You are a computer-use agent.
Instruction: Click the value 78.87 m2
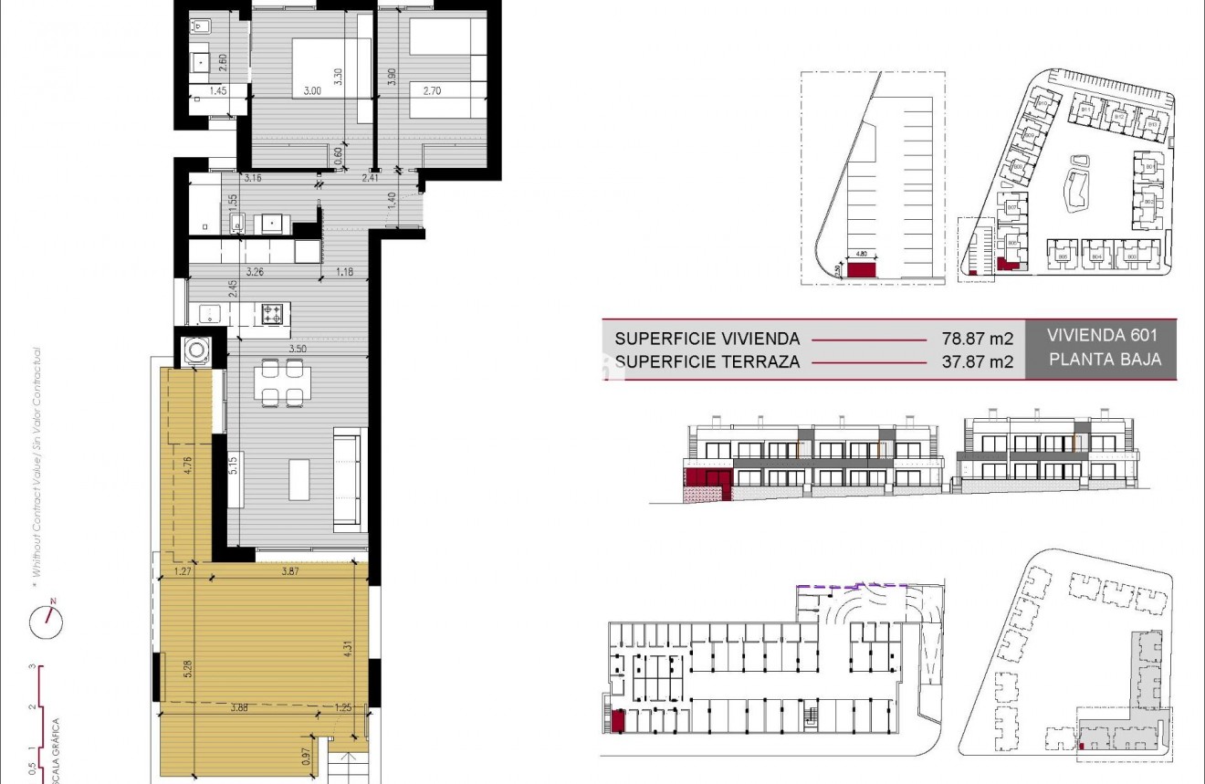(977, 339)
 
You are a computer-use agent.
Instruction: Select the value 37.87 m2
(977, 361)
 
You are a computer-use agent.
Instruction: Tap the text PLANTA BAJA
(1105, 359)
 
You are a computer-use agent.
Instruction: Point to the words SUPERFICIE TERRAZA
(707, 361)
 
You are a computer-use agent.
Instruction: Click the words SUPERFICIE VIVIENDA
(707, 339)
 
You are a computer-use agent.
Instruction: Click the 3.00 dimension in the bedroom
(312, 90)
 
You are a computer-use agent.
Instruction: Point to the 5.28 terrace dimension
(187, 669)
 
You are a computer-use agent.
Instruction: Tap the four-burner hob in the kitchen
(271, 313)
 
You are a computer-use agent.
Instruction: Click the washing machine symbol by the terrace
(196, 350)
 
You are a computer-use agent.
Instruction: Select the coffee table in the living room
(299, 479)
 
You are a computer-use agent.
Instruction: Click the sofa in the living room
(350, 479)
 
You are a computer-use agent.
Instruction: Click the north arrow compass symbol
(47, 622)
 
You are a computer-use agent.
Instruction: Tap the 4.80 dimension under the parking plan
(862, 256)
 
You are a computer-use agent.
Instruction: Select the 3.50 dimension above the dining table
(297, 348)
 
